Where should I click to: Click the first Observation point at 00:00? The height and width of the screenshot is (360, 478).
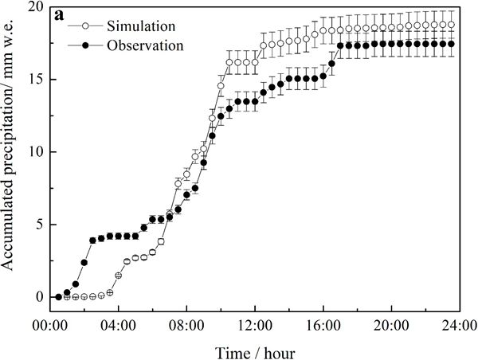(x=58, y=297)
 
